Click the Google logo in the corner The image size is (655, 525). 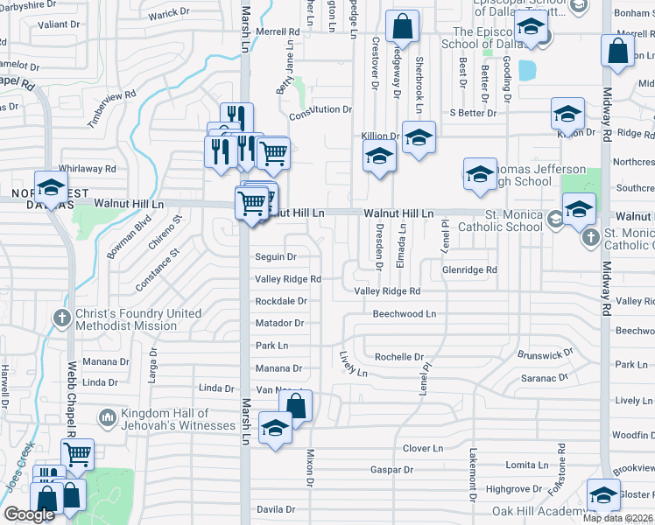29,514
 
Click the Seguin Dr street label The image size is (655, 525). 276,257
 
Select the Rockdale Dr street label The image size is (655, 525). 280,301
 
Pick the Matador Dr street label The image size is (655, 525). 279,323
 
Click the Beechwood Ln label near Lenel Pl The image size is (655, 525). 404,313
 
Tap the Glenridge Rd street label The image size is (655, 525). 469,270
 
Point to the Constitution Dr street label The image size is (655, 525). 320,110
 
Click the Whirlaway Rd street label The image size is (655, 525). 87,168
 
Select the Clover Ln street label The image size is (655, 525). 423,448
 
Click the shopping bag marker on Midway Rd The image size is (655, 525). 617,50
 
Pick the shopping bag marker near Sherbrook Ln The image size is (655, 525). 402,28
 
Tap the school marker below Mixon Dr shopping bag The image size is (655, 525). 275,430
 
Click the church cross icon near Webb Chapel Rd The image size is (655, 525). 62,318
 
